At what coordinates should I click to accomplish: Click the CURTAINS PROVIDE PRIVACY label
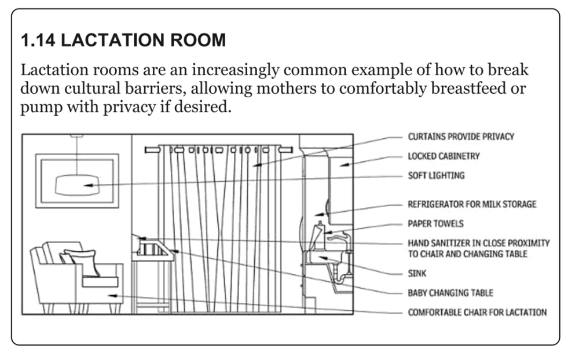461,137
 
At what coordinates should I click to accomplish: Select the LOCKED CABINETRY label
444,156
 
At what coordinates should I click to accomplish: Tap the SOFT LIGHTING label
436,175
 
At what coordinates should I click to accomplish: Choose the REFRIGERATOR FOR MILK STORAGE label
472,204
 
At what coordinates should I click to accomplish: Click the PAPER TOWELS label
435,223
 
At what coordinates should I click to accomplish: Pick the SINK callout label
417,274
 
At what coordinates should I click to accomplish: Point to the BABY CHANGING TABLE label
450,293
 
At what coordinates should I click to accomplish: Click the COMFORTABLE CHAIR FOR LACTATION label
477,313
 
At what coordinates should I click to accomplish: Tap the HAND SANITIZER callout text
478,248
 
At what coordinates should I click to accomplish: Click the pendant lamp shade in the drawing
77,185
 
